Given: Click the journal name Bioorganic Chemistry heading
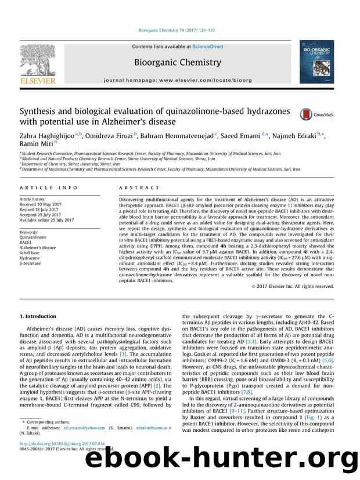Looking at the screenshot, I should click(x=177, y=62).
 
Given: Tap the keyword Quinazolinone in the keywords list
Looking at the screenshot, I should click(x=33, y=236).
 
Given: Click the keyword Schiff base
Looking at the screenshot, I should click(x=30, y=251).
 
